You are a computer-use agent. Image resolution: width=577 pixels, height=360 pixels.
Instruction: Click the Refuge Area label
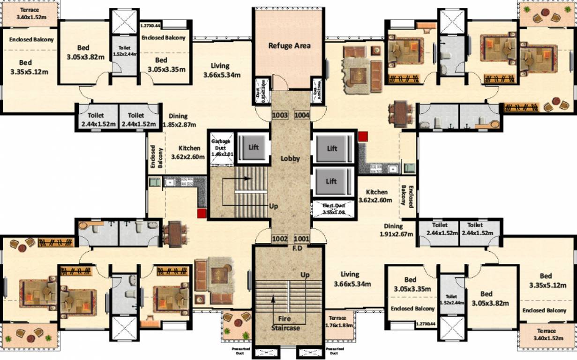coord(289,45)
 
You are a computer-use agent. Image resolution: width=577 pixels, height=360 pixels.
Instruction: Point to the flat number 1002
coord(279,239)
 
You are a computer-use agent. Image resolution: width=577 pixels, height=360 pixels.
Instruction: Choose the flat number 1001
coord(301,239)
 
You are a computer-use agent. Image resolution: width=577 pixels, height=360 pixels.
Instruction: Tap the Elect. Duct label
coord(333,209)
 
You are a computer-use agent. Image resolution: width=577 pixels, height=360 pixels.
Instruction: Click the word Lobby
coord(290,158)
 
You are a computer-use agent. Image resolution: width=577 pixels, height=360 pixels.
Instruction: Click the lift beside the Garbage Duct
coord(253,147)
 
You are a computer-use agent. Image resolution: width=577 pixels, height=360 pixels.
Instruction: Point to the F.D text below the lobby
coord(297,248)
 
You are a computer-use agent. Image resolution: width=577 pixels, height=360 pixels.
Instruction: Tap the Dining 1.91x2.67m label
coord(397,230)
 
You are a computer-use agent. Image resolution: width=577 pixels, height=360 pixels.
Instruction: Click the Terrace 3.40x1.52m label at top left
coord(30,14)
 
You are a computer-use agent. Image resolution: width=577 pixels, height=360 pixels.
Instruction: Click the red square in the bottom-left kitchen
coord(202,213)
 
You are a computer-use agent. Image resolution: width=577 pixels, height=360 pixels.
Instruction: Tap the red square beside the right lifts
coord(363,136)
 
